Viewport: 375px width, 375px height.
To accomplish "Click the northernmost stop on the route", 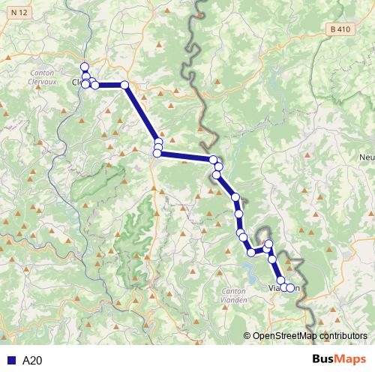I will pos(85,66).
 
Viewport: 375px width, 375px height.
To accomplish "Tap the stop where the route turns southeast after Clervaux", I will pos(125,85).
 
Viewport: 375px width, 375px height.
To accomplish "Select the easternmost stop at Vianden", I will pos(290,288).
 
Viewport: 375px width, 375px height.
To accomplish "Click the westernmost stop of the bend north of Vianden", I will pos(252,252).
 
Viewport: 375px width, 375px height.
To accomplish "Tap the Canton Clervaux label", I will pos(42,78).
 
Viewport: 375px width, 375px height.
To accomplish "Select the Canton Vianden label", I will pos(239,295).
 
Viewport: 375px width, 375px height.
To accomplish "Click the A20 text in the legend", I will pos(32,360).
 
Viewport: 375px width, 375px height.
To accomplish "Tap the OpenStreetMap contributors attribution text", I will pos(310,336).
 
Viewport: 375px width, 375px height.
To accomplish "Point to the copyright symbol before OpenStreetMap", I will pos(247,336).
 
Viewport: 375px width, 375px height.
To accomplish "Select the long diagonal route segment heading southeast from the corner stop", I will pos(142,114).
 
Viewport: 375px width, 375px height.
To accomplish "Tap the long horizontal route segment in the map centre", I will pos(185,156).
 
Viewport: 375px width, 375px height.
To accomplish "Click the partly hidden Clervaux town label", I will pos(76,83).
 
